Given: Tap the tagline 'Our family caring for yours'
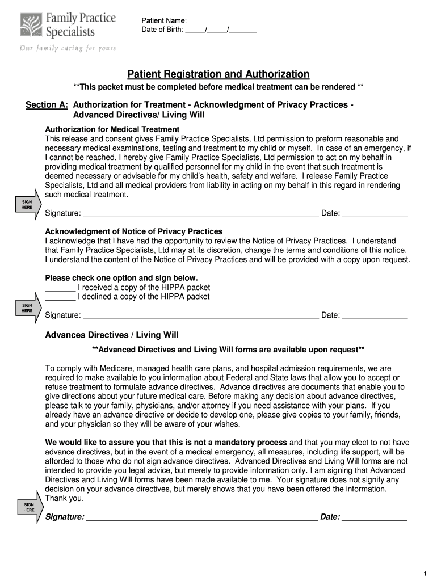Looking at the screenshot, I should [x=68, y=48].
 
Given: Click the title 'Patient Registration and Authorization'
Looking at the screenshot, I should [x=218, y=74].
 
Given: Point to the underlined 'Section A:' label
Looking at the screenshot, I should [x=47, y=105].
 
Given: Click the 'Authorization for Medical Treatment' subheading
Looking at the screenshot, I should [x=112, y=129].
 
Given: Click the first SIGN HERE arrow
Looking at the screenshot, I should [x=28, y=205].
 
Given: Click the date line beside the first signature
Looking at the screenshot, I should [x=375, y=213].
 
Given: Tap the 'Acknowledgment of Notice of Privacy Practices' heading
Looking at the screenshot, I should [x=133, y=231].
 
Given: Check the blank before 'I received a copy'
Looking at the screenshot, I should [x=60, y=287].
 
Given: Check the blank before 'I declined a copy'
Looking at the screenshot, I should [x=60, y=297].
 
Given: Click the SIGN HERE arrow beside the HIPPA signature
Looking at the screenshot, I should [x=28, y=308].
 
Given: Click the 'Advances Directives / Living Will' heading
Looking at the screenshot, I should [x=112, y=335].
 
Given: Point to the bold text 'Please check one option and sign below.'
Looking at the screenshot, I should [x=121, y=278].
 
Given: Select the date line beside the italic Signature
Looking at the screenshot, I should [x=375, y=517].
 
